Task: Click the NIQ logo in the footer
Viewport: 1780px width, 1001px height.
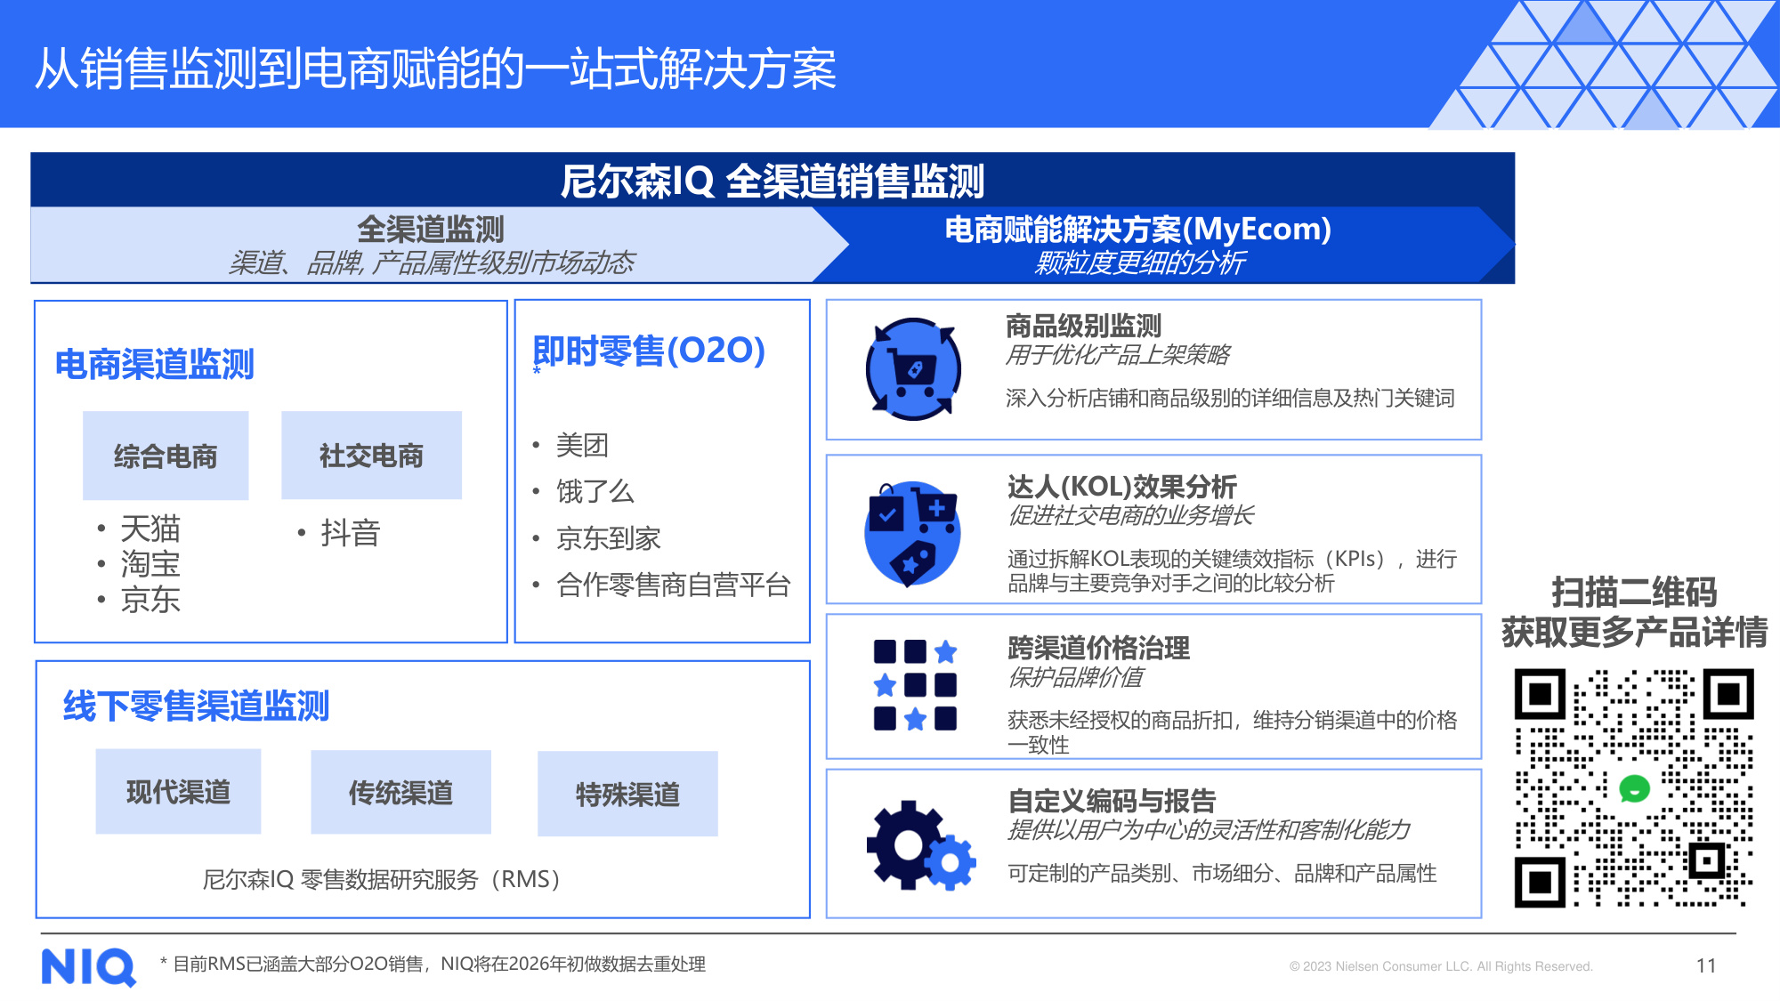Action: [x=88, y=966]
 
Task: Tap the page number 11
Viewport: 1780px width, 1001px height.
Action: [x=1705, y=965]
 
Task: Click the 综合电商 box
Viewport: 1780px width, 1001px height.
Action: [x=166, y=456]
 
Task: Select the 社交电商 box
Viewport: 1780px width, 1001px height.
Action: [x=371, y=455]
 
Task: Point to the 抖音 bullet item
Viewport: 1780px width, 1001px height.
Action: [x=350, y=533]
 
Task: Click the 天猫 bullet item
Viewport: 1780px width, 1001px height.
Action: [x=150, y=529]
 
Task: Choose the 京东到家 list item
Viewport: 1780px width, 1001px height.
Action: [x=608, y=538]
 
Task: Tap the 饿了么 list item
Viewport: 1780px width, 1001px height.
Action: [x=595, y=491]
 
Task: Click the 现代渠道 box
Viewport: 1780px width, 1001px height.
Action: [x=178, y=791]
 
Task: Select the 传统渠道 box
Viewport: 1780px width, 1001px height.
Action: [x=400, y=792]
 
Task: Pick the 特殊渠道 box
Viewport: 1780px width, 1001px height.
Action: [x=627, y=794]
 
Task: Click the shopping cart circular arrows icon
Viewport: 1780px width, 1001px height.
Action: [x=913, y=369]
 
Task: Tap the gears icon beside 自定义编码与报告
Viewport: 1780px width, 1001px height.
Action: [x=920, y=845]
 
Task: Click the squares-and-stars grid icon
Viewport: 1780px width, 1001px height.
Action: [x=915, y=685]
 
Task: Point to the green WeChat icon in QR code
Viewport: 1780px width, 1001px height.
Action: [x=1634, y=788]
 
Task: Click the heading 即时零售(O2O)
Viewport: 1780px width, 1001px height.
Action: [x=649, y=351]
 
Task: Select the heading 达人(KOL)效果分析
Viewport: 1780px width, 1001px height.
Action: [x=1121, y=487]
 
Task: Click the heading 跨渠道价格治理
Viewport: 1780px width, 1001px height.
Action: [x=1098, y=648]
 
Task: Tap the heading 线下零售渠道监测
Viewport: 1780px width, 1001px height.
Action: [x=196, y=706]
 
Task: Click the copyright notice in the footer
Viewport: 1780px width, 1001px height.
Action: [x=1440, y=966]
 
